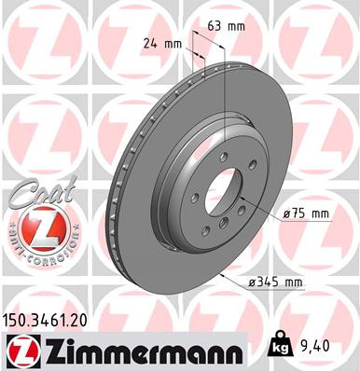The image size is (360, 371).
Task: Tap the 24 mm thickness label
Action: [x=164, y=42]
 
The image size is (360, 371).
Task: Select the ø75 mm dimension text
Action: [x=306, y=213]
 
